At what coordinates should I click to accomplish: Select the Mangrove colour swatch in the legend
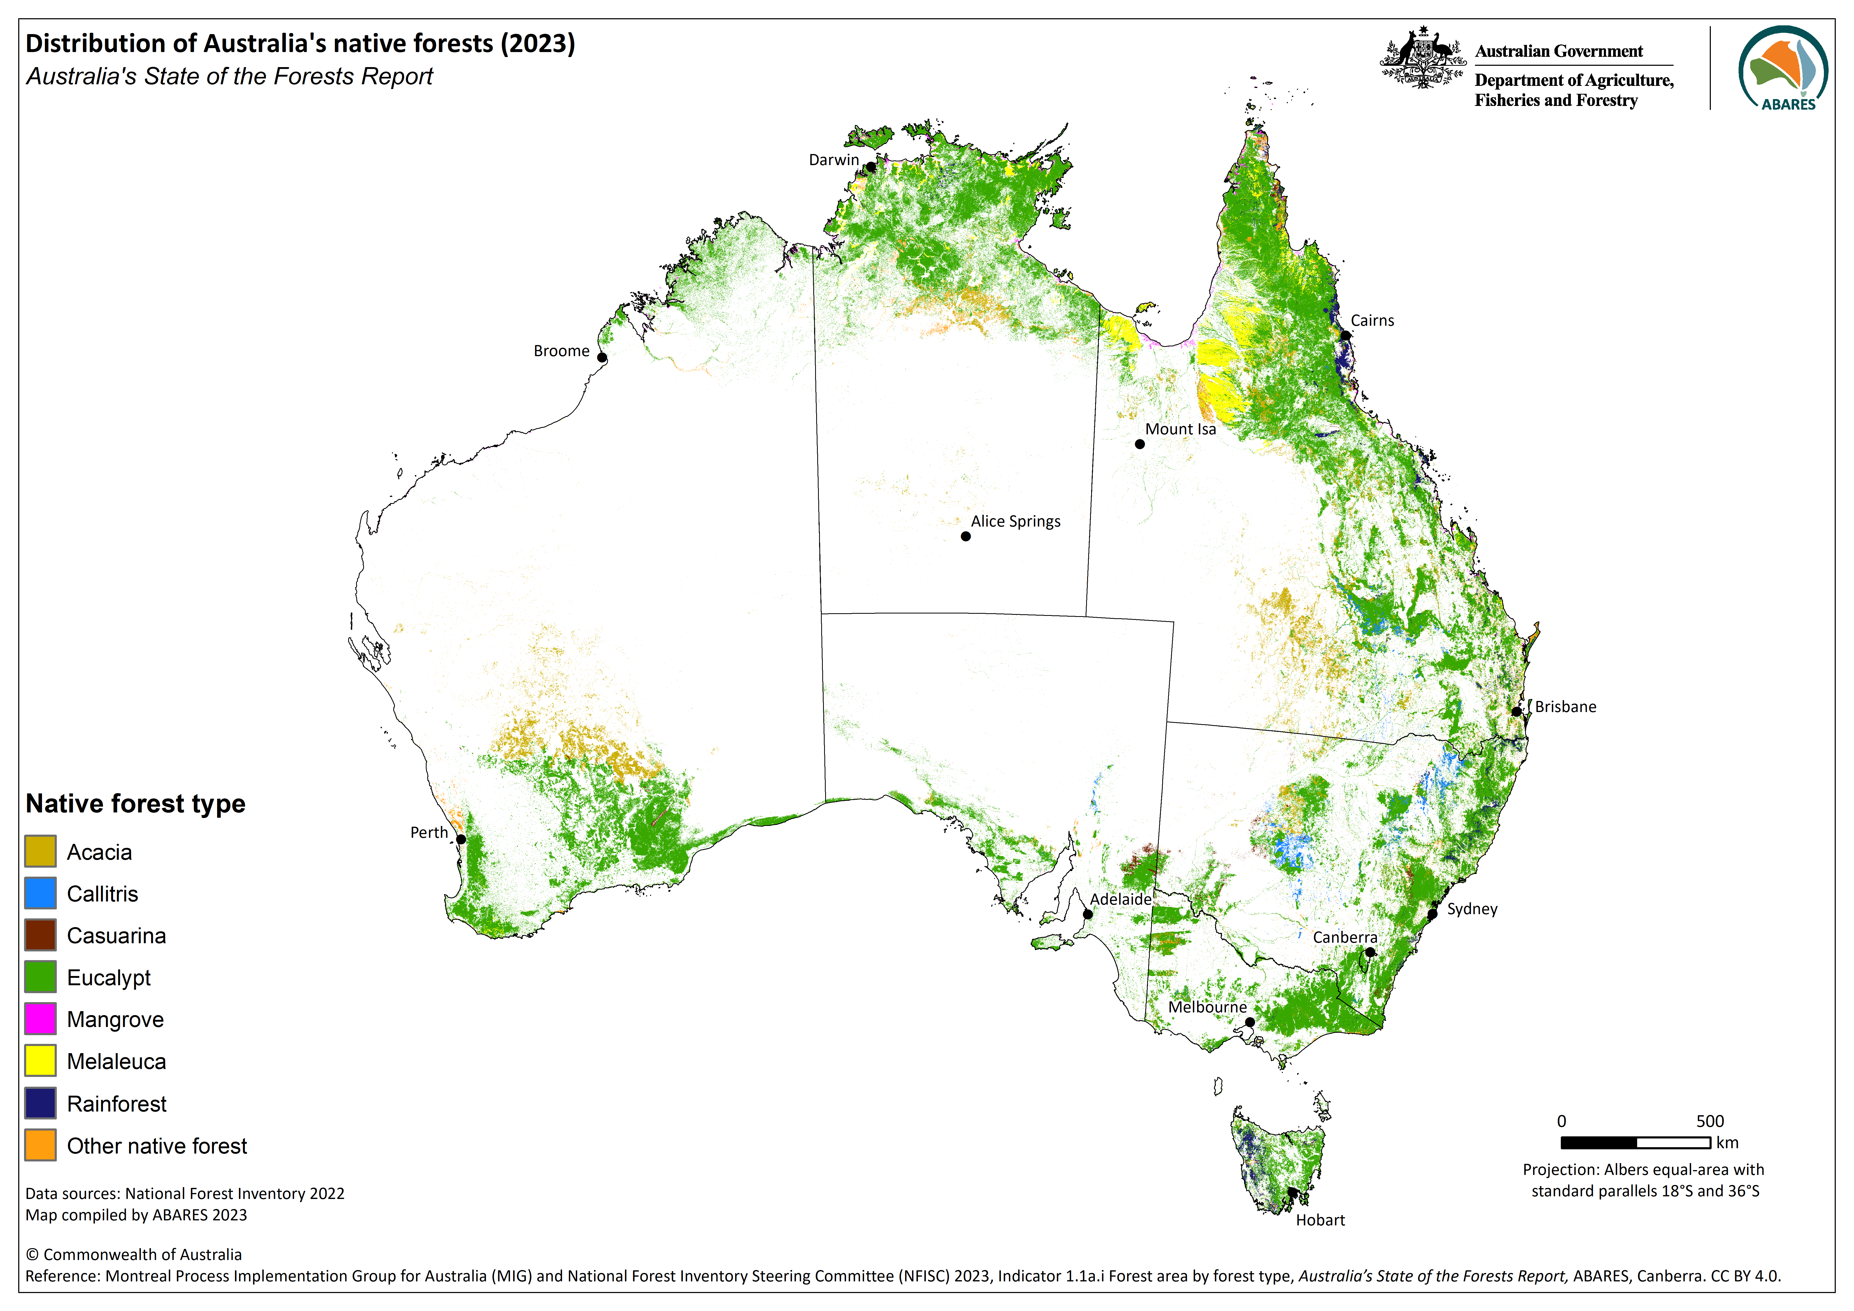[40, 1019]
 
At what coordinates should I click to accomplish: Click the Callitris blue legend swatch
[40, 893]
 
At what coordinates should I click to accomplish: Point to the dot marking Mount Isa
[1140, 444]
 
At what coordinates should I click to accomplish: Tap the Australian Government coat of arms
[1422, 58]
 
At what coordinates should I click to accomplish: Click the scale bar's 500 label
[1710, 1121]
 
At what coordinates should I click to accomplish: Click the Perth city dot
[461, 839]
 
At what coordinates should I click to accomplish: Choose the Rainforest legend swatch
[40, 1103]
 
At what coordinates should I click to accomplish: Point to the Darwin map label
[833, 160]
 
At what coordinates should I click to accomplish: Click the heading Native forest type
[136, 804]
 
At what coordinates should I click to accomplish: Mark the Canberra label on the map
[1344, 937]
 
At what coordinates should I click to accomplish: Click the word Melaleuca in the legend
[116, 1061]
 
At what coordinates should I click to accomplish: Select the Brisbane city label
[1565, 707]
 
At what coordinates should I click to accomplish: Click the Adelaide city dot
[1088, 914]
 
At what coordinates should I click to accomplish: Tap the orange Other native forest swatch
[40, 1145]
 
